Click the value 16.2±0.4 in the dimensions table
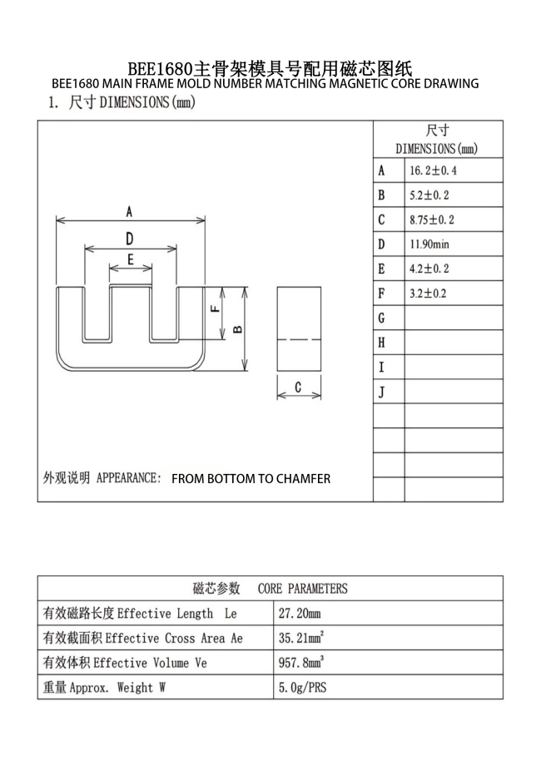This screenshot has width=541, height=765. (x=433, y=170)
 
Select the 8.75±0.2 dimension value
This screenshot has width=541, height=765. (x=432, y=220)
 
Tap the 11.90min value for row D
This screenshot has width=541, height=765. (x=429, y=244)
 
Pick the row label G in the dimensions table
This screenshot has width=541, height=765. (x=381, y=318)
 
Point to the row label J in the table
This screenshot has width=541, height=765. (x=381, y=392)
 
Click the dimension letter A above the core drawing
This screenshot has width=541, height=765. (x=129, y=212)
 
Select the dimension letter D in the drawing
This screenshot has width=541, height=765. (x=130, y=239)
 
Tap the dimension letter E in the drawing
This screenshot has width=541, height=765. (x=131, y=259)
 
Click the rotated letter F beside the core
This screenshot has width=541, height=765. (x=215, y=308)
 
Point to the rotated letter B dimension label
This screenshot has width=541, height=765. (x=238, y=330)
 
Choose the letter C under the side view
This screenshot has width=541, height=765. (x=298, y=387)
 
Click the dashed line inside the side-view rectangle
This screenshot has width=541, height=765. (x=299, y=339)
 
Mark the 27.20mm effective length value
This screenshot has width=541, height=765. (x=300, y=614)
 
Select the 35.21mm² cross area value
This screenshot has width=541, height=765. (x=301, y=638)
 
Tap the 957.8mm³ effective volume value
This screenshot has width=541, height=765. (x=301, y=662)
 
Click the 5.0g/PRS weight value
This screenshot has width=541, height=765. (x=302, y=688)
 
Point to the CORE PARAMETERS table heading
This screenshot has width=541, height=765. (x=303, y=589)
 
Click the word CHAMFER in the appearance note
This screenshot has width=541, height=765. (x=303, y=479)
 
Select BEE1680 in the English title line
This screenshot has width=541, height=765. (x=76, y=83)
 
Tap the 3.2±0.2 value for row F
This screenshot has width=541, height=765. (x=428, y=294)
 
